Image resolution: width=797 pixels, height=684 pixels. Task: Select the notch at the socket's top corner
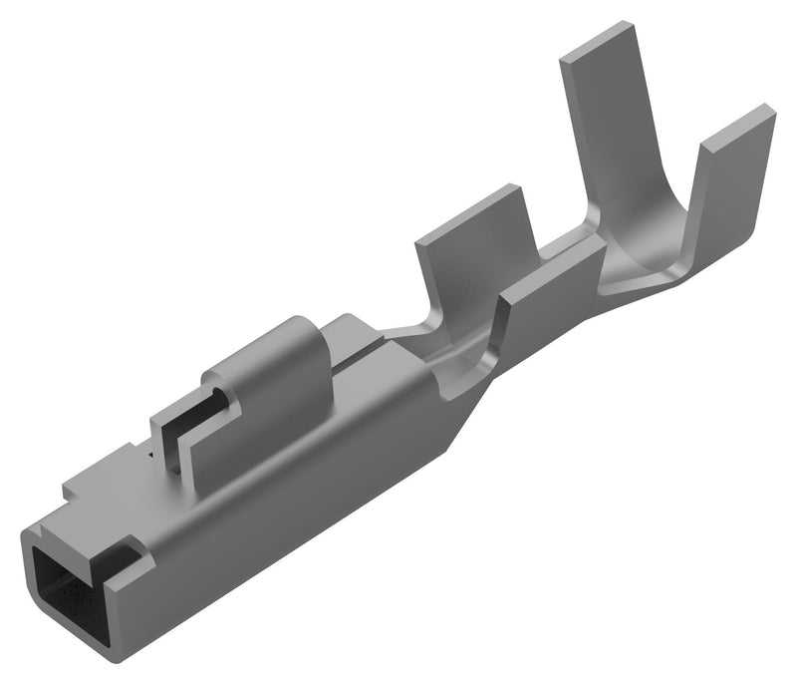tap(127, 543)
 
